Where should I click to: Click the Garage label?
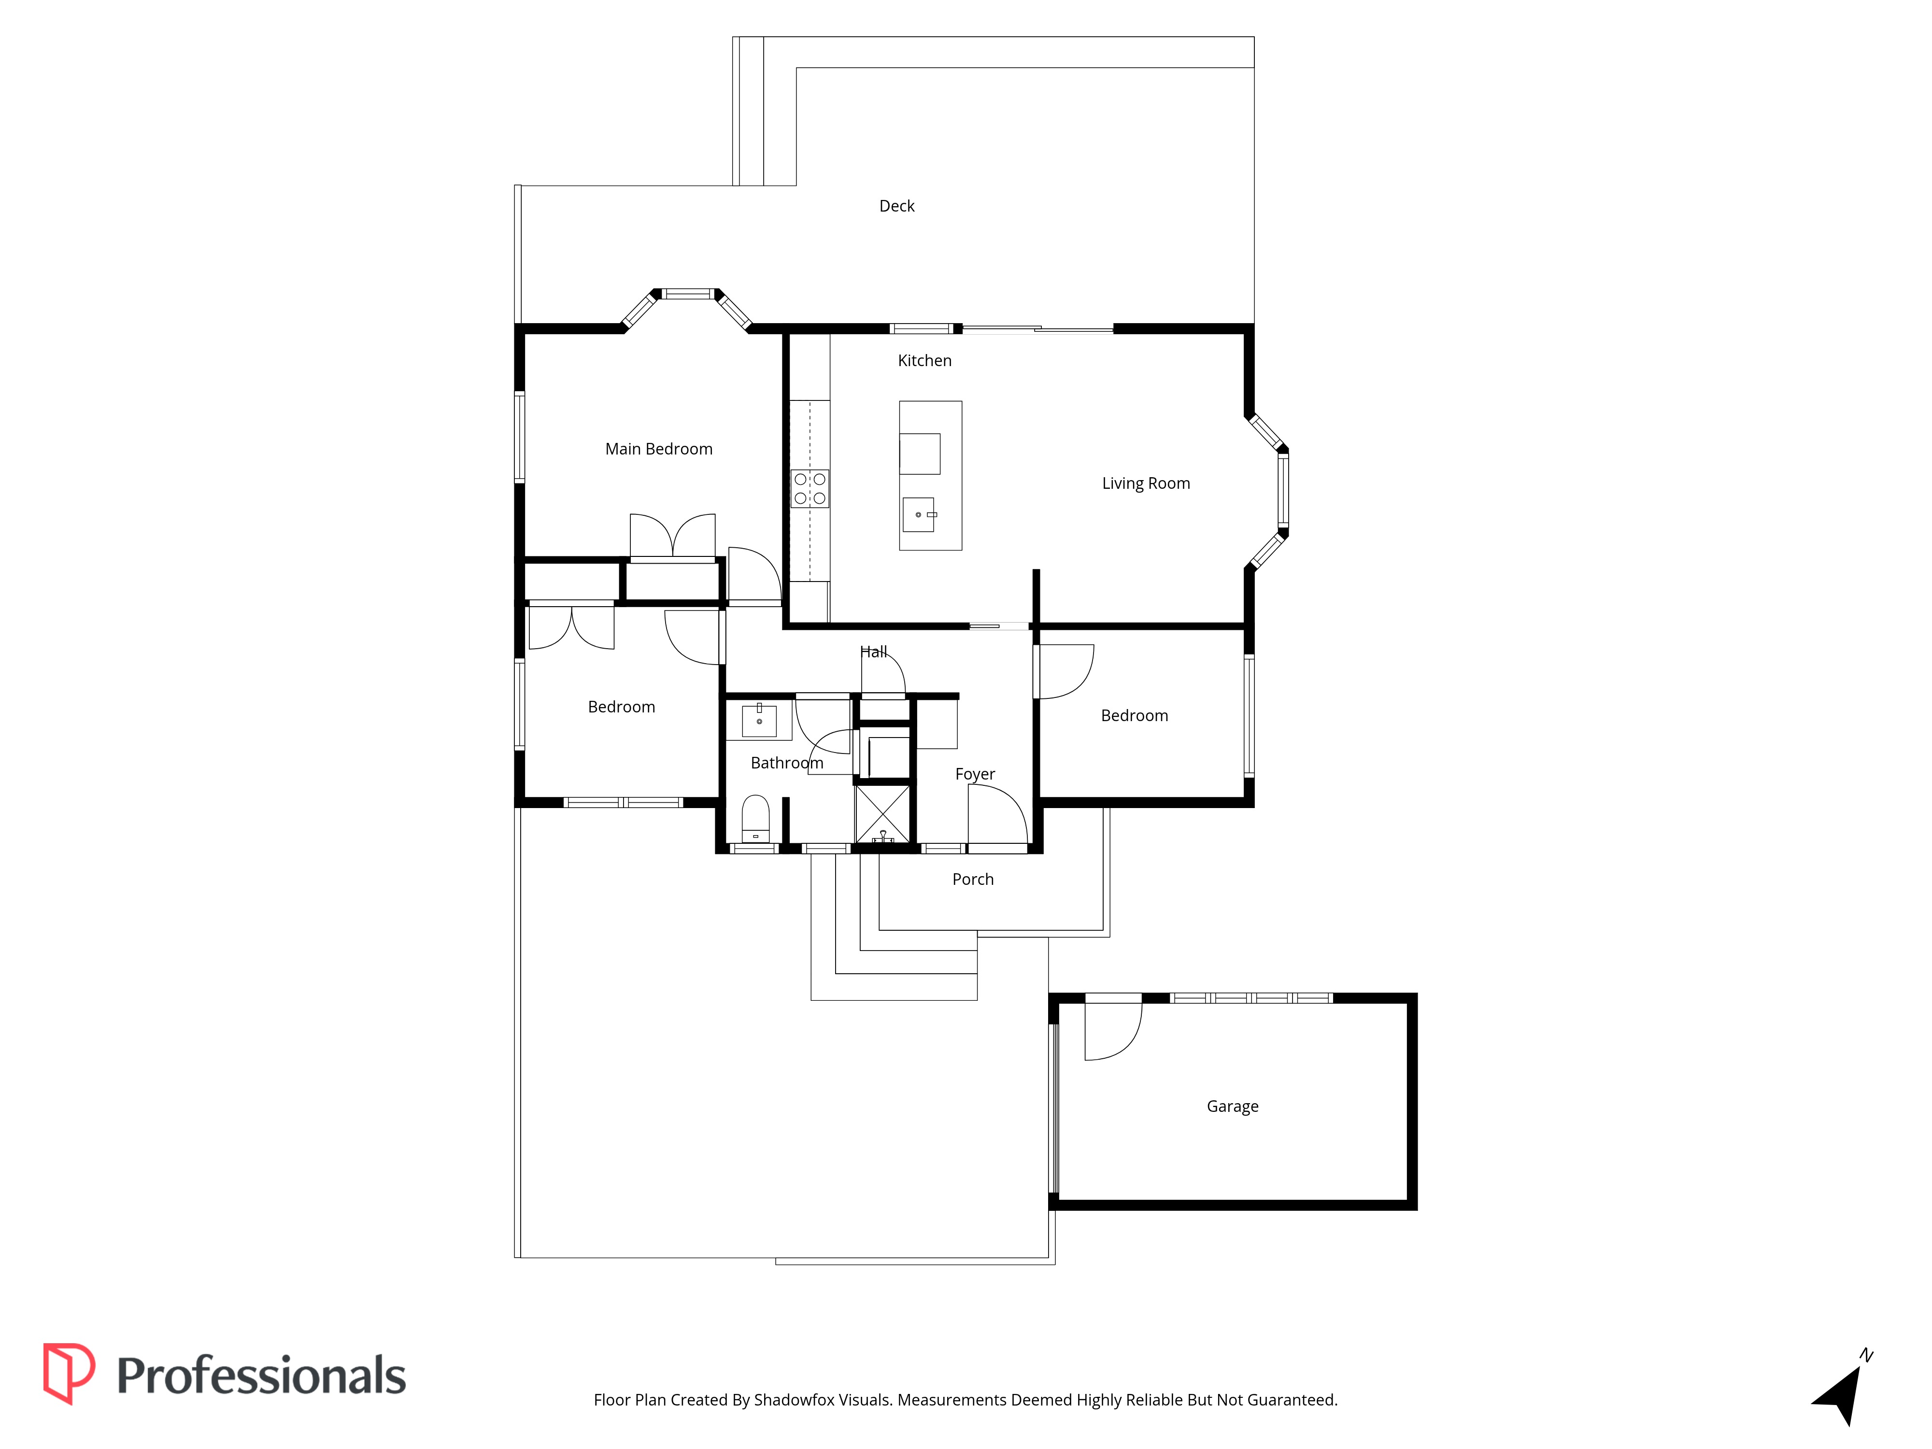pos(1233,1107)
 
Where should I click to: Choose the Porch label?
pos(972,880)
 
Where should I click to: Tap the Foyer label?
pos(975,775)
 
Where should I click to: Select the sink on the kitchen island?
pos(919,514)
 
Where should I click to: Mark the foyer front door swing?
pos(997,814)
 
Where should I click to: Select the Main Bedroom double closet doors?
pos(672,535)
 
